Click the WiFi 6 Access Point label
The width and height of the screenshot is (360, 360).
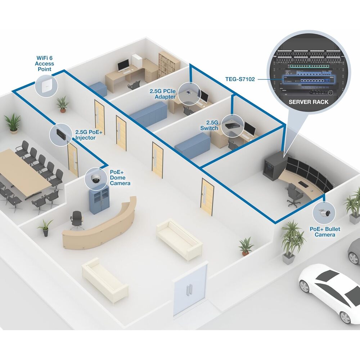[44, 64]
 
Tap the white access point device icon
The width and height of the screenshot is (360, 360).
[46, 86]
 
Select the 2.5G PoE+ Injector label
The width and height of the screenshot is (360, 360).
[89, 135]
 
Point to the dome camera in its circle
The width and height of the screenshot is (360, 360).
[95, 179]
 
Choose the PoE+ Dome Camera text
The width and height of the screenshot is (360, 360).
[120, 177]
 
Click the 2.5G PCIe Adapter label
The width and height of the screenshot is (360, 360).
[163, 94]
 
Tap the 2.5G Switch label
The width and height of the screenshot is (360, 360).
[209, 125]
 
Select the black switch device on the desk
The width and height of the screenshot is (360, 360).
[232, 126]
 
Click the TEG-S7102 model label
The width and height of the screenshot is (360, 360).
[240, 79]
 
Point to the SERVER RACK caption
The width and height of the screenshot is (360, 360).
[309, 102]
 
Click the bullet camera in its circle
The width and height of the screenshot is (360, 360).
[324, 213]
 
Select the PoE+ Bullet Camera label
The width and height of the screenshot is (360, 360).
[325, 231]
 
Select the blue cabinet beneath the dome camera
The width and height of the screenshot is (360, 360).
[99, 199]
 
